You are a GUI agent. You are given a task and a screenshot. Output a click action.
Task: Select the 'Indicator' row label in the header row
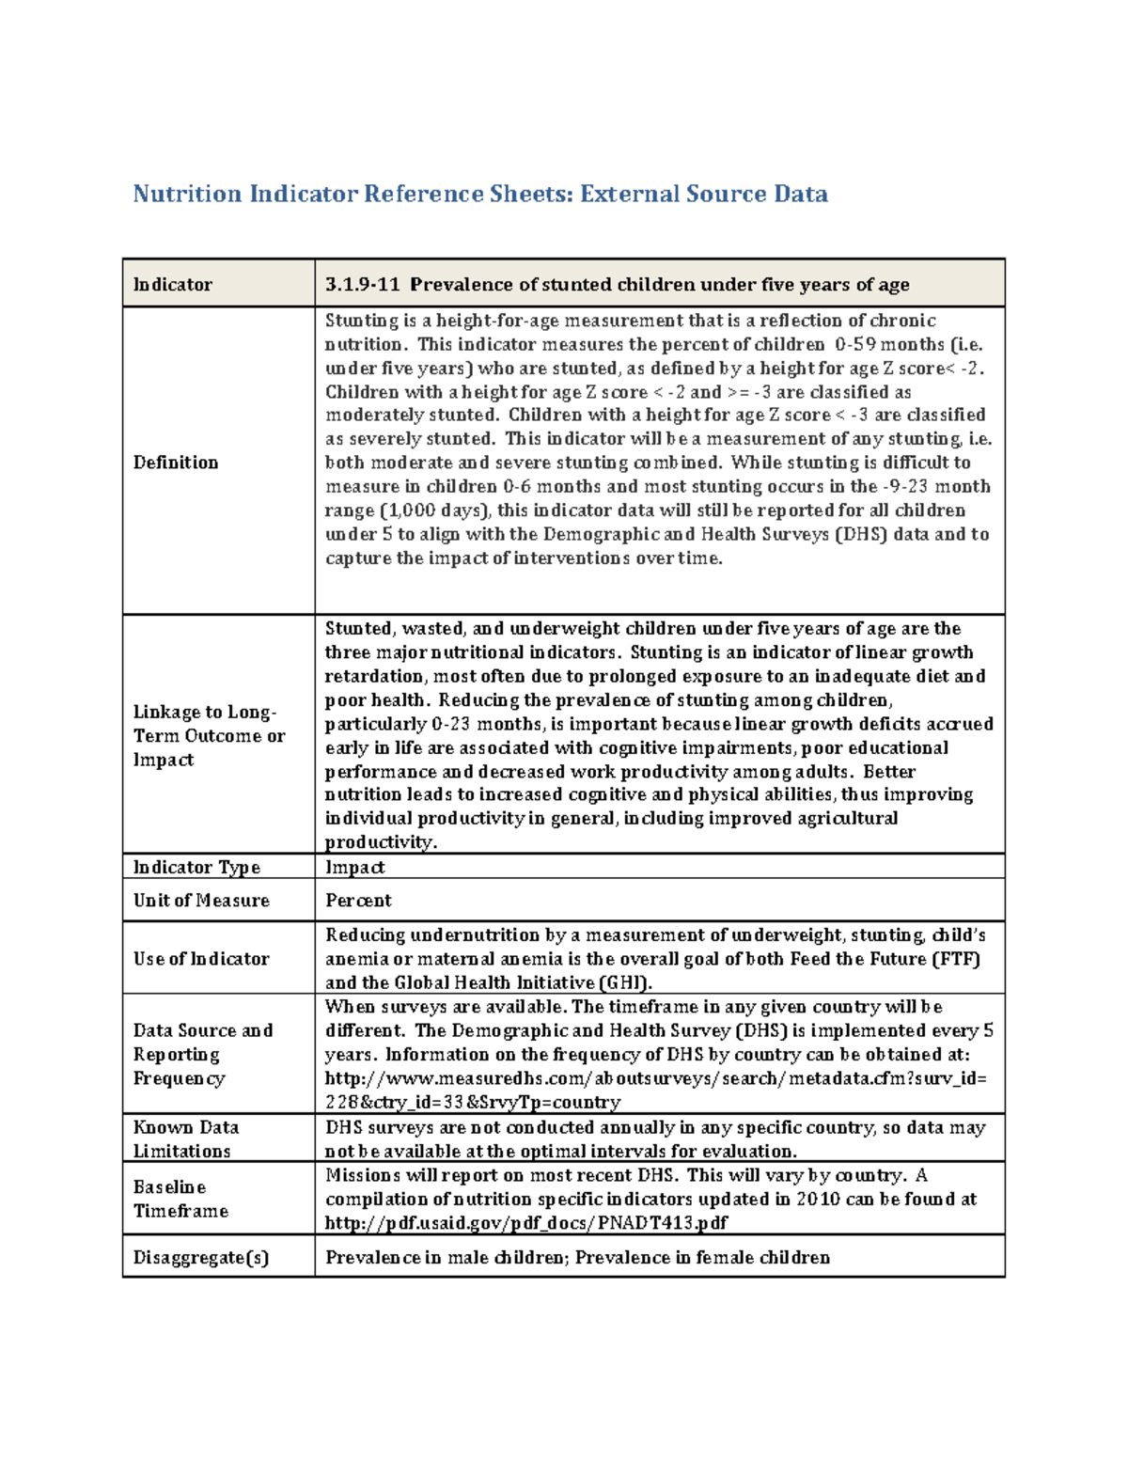(173, 284)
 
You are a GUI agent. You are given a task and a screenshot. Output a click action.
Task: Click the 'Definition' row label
(176, 462)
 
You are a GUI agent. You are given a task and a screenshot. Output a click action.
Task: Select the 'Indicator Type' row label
(196, 867)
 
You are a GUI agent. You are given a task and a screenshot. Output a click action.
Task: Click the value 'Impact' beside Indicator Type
(354, 867)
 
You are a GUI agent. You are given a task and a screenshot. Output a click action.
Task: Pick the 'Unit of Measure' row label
(201, 900)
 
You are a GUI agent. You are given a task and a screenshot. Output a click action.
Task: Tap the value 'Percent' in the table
(358, 900)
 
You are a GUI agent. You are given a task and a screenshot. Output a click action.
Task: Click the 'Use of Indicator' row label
(201, 958)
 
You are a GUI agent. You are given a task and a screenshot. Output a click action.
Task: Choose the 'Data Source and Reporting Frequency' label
(202, 1054)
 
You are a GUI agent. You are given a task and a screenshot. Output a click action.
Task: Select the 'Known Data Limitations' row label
(185, 1138)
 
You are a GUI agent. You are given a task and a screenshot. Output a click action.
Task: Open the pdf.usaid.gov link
(525, 1222)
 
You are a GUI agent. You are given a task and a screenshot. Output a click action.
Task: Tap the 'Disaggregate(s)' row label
(201, 1257)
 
